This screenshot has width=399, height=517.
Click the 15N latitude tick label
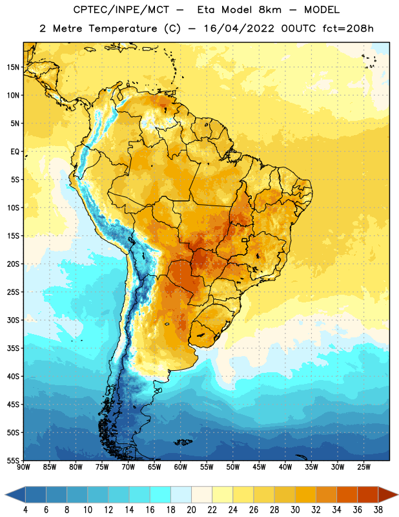coord(13,67)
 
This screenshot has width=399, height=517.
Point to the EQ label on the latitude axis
coord(15,152)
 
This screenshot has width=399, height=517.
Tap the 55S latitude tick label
coord(13,460)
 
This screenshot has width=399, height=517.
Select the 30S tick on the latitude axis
coord(13,320)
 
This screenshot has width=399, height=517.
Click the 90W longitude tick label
coord(23,467)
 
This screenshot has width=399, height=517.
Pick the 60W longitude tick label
coord(181,467)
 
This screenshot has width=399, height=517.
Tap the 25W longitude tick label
coord(363,467)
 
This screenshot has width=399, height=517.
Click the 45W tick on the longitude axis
coord(260,467)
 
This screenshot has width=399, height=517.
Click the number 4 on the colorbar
coord(25,510)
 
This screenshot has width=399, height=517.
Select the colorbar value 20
coord(191,510)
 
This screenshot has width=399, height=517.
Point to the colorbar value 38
coord(378,510)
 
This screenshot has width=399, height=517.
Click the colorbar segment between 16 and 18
coord(160,494)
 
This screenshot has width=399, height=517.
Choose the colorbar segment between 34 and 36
coord(347,494)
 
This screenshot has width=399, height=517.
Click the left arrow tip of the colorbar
coord(5,494)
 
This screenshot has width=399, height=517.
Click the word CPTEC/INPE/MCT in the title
coord(121,10)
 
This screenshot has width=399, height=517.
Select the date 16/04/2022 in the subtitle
coord(238,28)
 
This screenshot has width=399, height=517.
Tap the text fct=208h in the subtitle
coord(348,28)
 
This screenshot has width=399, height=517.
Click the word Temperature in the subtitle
coord(123,28)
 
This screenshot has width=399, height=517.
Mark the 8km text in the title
coord(270,10)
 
